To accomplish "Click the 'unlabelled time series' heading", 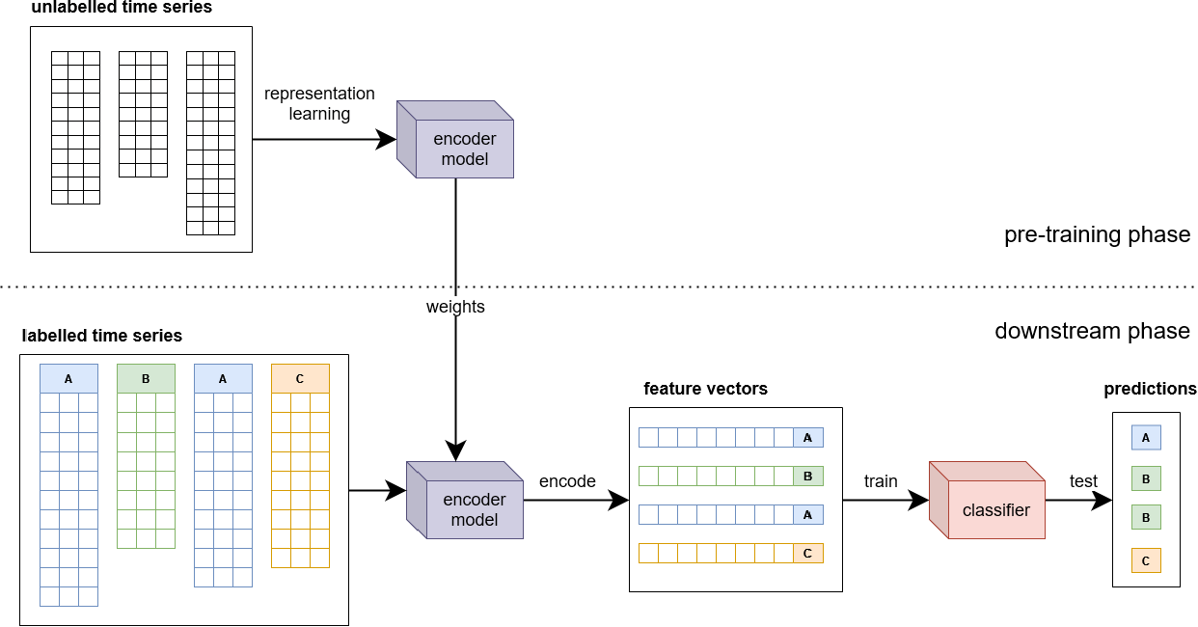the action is [122, 8].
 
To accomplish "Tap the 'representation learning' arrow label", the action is [319, 103].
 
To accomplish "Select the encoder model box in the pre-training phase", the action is [455, 139].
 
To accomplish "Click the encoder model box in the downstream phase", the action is [465, 500].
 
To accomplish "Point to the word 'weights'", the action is [455, 307].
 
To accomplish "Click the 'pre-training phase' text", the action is [1097, 234].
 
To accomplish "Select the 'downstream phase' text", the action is [1092, 331].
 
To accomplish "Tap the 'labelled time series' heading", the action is [101, 336].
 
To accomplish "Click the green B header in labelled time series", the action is [146, 379].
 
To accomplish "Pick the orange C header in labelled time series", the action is [300, 379].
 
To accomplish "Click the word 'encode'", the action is [567, 481].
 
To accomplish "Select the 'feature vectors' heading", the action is [705, 389].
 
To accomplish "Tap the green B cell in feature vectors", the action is [808, 477].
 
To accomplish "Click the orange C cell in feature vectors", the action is [808, 553].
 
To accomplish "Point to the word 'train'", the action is [881, 481].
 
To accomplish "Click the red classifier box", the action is [988, 500].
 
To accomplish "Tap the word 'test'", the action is [1083, 481].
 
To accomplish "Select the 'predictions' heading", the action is [1150, 389].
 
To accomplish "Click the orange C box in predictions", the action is [1146, 560].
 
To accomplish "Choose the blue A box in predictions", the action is [1146, 438].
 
